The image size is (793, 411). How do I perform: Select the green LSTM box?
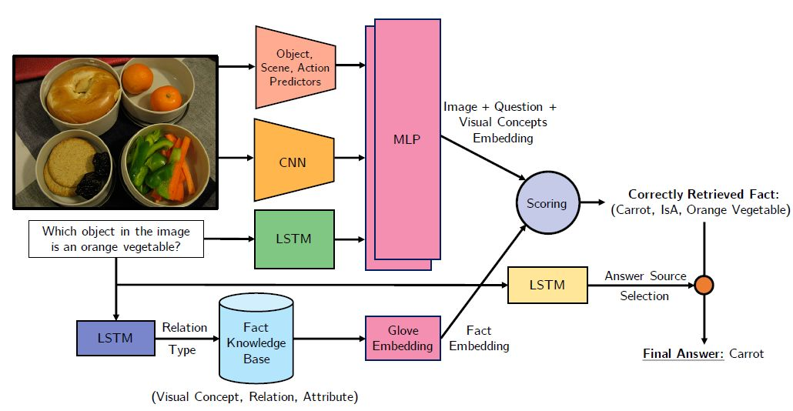point(293,239)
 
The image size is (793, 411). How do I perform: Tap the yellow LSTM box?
point(547,285)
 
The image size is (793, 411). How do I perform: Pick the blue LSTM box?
point(115,337)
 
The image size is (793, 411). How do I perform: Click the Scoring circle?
point(546,204)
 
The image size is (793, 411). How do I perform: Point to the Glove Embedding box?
point(403,338)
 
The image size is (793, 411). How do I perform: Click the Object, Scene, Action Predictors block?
point(293,67)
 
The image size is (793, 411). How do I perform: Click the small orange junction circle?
point(704,285)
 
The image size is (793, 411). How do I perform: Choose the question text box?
point(115,239)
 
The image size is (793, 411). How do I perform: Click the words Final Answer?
point(683,353)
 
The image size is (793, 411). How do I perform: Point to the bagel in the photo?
point(81,94)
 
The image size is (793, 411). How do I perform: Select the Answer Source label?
point(645,276)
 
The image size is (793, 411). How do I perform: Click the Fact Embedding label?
point(479,338)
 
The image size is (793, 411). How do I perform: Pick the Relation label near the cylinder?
point(184,328)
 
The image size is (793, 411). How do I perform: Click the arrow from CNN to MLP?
point(350,159)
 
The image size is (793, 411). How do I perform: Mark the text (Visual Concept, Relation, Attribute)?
point(256,397)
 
